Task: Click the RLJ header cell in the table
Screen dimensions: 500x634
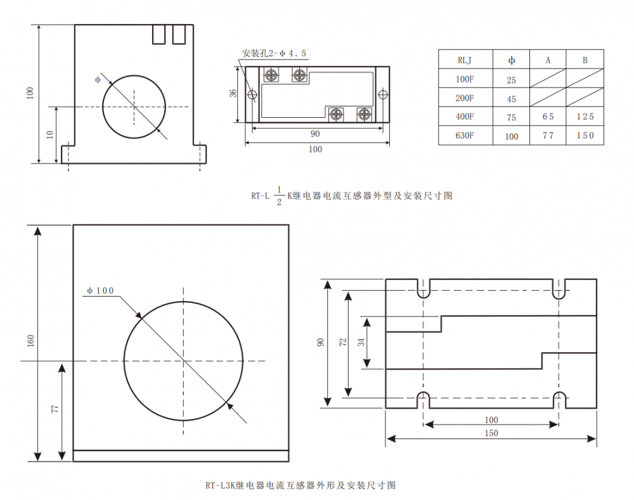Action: (x=465, y=60)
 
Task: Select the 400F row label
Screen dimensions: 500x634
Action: (x=465, y=117)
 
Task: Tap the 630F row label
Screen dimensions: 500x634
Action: (x=465, y=136)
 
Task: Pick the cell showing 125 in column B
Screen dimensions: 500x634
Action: (x=585, y=117)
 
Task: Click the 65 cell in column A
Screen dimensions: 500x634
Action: (x=548, y=117)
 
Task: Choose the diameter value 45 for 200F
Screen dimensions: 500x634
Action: (x=512, y=99)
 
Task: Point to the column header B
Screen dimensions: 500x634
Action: (x=585, y=60)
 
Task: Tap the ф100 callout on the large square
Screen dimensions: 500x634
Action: (x=101, y=291)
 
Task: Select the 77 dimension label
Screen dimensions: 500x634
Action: (x=55, y=409)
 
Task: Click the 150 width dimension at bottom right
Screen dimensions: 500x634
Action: (x=491, y=433)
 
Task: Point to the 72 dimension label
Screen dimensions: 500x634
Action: (x=343, y=342)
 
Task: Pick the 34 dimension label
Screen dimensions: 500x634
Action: (x=361, y=342)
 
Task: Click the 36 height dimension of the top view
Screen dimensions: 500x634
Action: (x=233, y=93)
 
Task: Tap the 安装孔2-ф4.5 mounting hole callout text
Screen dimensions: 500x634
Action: (x=275, y=54)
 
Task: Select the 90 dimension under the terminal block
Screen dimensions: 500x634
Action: (x=315, y=134)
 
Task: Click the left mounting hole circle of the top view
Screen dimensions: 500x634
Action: (x=252, y=95)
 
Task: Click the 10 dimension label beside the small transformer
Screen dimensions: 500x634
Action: (x=49, y=134)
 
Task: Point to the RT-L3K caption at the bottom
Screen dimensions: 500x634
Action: (x=301, y=485)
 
